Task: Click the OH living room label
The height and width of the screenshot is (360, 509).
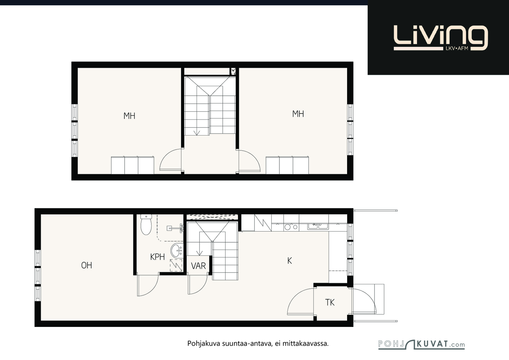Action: (x=87, y=265)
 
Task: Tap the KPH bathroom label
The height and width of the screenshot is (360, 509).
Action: (x=157, y=257)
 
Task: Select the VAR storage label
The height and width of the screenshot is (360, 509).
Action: (x=199, y=266)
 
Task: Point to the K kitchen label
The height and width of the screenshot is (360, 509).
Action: (x=289, y=261)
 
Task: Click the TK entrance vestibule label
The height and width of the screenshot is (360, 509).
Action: (x=330, y=302)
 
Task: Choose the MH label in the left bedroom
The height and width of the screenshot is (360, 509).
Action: (x=129, y=116)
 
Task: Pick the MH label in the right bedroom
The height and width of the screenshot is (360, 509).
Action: (x=298, y=114)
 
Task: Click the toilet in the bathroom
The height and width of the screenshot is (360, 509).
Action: (x=146, y=225)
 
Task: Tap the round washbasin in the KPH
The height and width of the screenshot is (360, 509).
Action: (x=177, y=250)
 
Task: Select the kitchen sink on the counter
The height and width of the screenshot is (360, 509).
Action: (x=318, y=226)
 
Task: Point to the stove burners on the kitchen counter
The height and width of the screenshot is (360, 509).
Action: (x=291, y=227)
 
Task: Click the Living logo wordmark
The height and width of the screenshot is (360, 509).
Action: (x=441, y=38)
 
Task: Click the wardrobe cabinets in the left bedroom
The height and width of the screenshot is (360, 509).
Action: (x=132, y=165)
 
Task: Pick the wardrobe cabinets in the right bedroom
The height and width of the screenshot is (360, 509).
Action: (x=287, y=165)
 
